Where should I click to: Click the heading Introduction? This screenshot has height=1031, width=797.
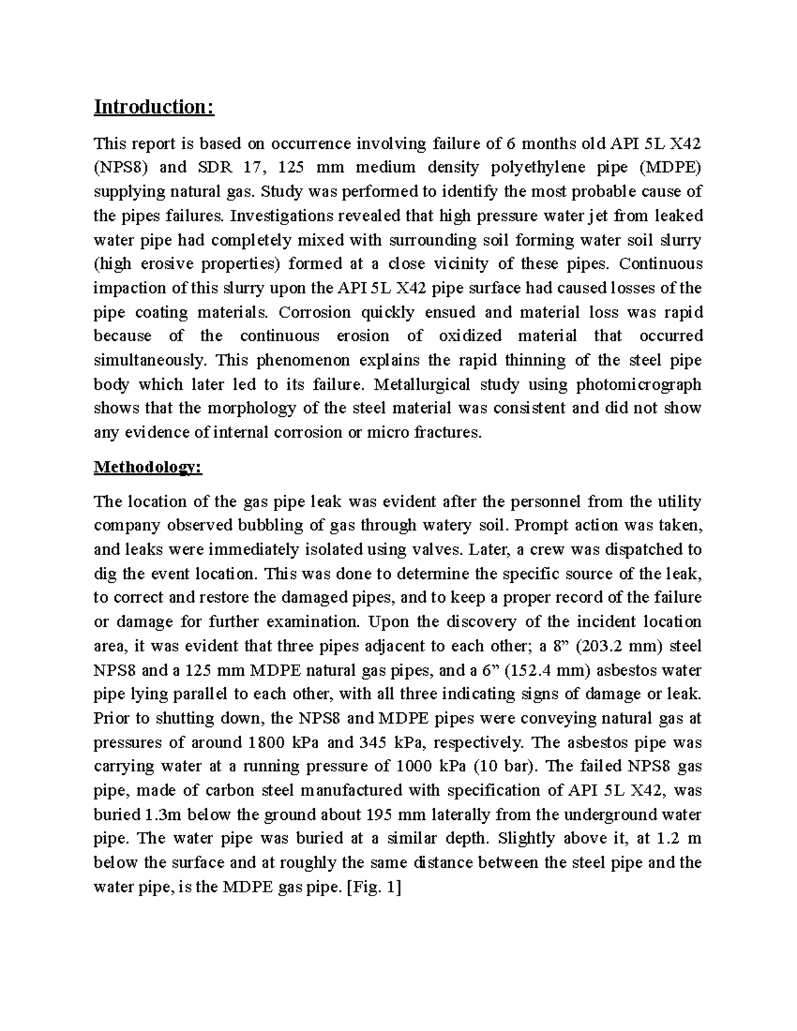tap(154, 107)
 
